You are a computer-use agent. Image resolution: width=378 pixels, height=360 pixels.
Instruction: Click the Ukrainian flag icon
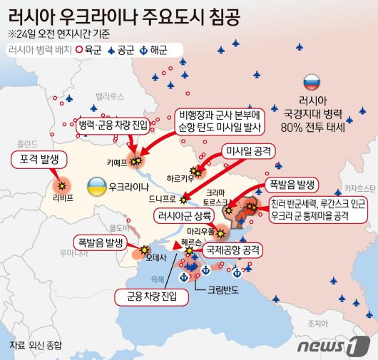94,187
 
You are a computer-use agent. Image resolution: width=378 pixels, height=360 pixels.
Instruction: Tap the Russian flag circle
312,82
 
